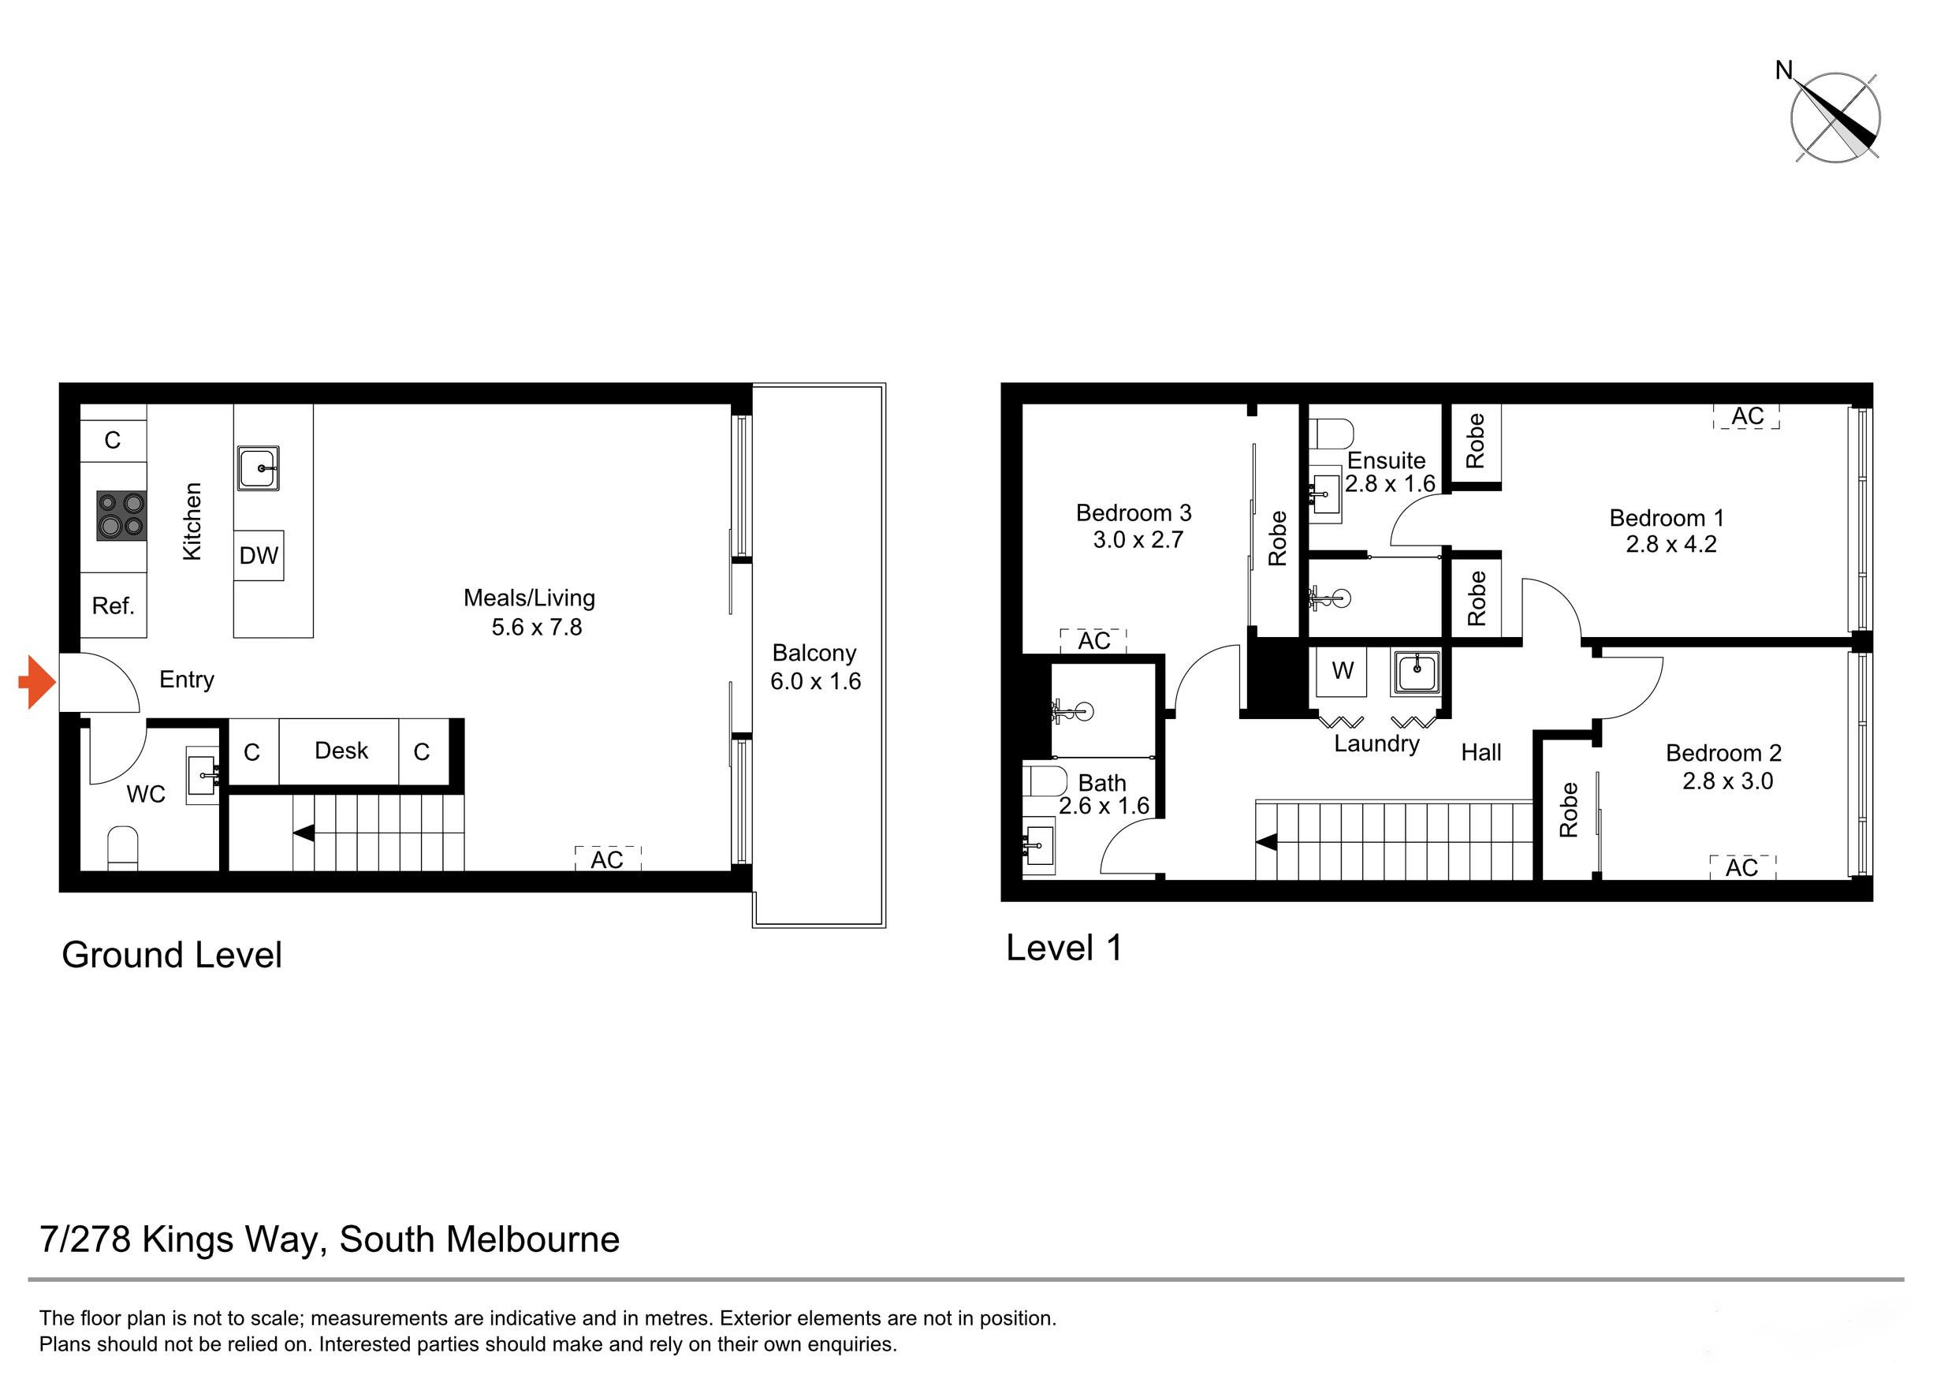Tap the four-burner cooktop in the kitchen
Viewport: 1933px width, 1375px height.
tap(121, 516)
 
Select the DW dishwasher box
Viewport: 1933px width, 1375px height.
tap(259, 555)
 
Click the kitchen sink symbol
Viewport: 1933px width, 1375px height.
tap(259, 468)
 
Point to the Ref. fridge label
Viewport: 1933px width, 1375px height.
tap(113, 606)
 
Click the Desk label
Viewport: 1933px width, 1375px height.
tap(341, 751)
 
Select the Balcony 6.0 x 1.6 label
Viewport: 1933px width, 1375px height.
tap(814, 667)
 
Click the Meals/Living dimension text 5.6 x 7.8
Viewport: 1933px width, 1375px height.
tap(537, 628)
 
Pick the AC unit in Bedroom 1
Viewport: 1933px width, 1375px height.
tap(1746, 416)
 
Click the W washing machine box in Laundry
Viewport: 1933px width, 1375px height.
tap(1342, 671)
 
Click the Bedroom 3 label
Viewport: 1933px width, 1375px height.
tap(1133, 513)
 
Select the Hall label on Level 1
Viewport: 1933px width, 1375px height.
tap(1480, 752)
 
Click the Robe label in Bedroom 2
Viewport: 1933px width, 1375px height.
tap(1569, 810)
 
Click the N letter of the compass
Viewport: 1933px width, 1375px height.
tap(1784, 70)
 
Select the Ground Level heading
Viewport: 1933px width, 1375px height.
tap(172, 955)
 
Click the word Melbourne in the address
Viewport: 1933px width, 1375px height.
tap(534, 1239)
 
